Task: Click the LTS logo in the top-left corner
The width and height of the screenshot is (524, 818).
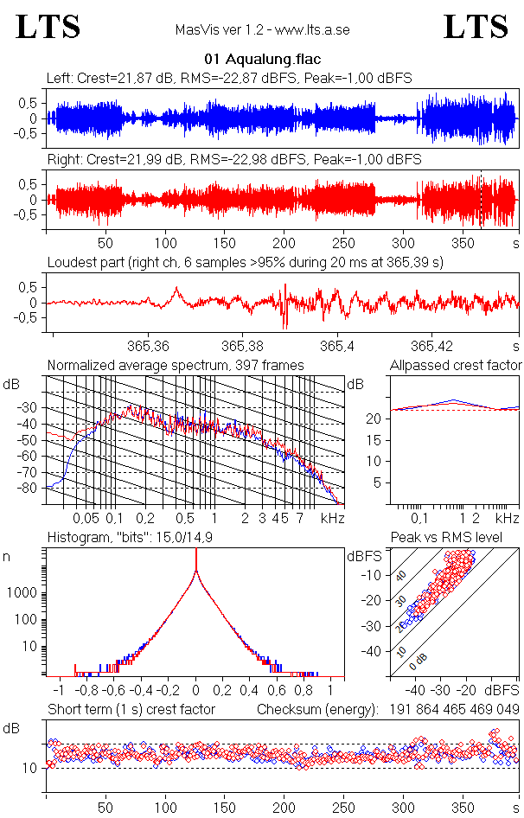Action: pos(48,27)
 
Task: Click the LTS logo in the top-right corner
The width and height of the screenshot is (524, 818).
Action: pos(476,27)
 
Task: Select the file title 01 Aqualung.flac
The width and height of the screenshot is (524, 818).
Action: pos(262,60)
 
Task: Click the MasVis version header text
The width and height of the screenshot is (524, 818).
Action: pos(262,30)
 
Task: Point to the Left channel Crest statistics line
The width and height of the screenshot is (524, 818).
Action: pos(229,78)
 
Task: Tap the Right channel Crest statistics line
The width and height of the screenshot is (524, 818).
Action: pos(233,160)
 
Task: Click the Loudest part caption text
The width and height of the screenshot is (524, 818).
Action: pos(245,262)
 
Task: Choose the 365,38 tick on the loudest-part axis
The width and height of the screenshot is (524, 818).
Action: pos(243,347)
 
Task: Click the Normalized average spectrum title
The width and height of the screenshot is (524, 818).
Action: pos(176,366)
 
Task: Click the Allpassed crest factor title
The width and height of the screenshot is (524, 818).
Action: pos(456,366)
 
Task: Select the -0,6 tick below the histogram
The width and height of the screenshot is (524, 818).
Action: pos(112,691)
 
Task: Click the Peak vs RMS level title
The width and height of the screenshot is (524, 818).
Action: pos(447,539)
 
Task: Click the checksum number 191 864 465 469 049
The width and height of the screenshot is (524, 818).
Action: pos(448,709)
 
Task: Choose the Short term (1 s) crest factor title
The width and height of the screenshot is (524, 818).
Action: pos(131,709)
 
